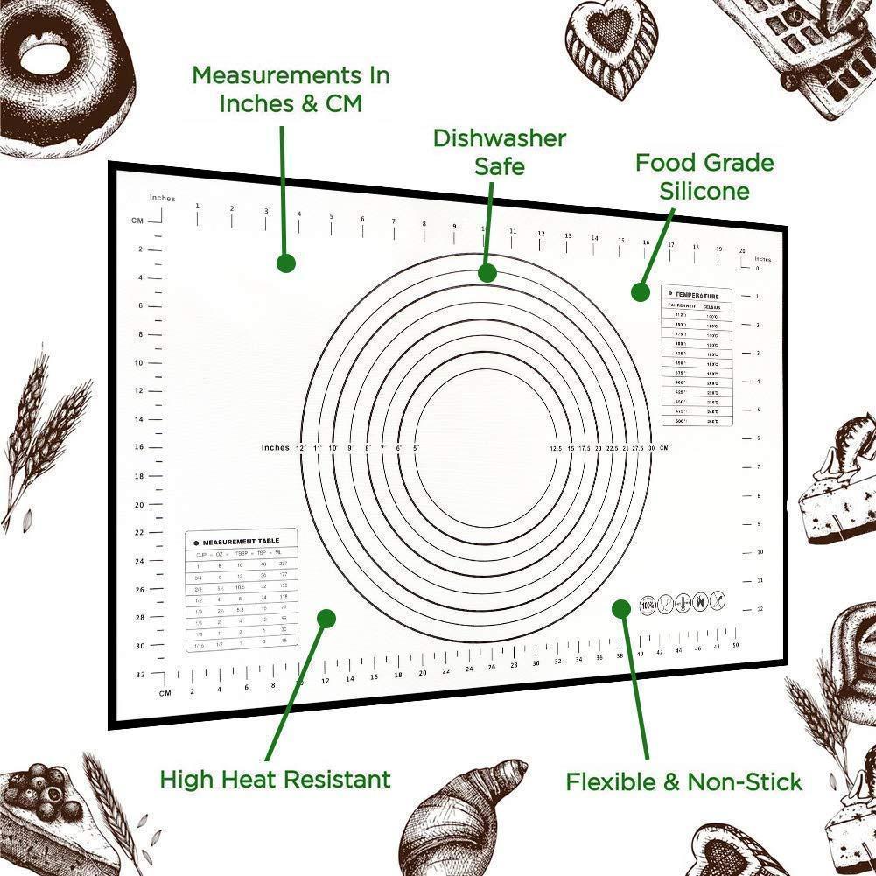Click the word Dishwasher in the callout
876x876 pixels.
click(500, 138)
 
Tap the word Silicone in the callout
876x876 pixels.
click(704, 191)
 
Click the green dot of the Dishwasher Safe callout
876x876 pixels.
click(487, 273)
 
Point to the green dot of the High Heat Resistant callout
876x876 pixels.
click(326, 619)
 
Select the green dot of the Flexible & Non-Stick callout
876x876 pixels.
click(621, 607)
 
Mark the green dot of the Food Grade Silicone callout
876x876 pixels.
click(638, 291)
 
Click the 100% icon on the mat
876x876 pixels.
click(648, 603)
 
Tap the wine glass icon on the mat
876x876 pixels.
click(666, 603)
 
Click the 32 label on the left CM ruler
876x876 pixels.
click(140, 675)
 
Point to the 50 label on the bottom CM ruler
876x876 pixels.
click(736, 646)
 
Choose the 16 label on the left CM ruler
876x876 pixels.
click(138, 447)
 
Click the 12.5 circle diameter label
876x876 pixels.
click(556, 448)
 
